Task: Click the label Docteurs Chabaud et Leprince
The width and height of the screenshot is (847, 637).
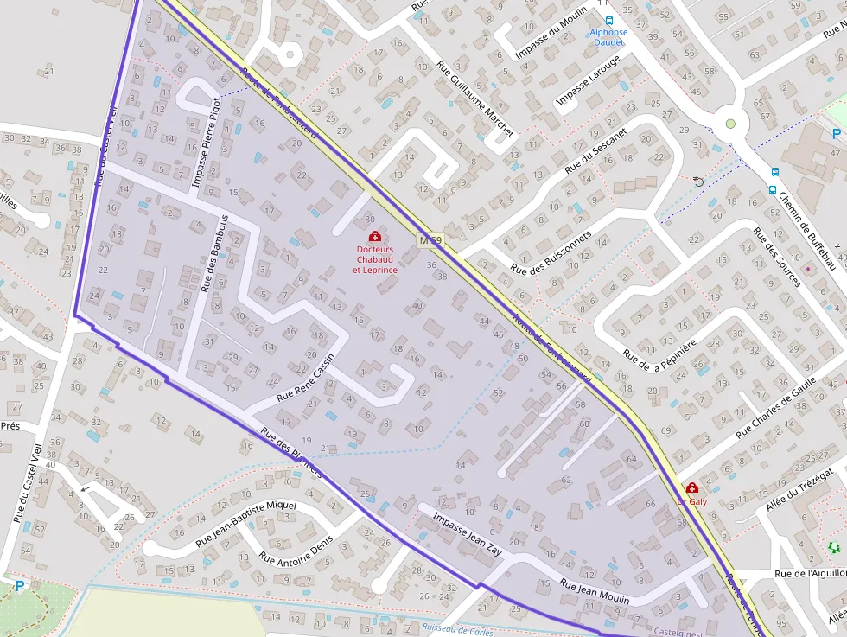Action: pos(374,259)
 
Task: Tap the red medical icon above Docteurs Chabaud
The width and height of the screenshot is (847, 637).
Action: pos(374,236)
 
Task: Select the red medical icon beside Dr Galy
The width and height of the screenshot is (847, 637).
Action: pos(691,488)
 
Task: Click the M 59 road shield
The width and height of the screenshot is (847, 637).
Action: pos(430,239)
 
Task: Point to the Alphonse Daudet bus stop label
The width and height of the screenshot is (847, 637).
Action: pos(608,37)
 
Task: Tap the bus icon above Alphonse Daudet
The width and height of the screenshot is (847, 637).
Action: pos(608,20)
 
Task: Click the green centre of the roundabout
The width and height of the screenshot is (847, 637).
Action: pos(730,124)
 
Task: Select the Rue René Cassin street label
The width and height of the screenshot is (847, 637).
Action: pos(305,382)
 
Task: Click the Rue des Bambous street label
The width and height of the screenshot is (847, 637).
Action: pos(213,252)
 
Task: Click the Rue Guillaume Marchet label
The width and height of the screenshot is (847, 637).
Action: pos(475,99)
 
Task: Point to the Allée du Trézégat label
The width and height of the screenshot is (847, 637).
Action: pos(799,490)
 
